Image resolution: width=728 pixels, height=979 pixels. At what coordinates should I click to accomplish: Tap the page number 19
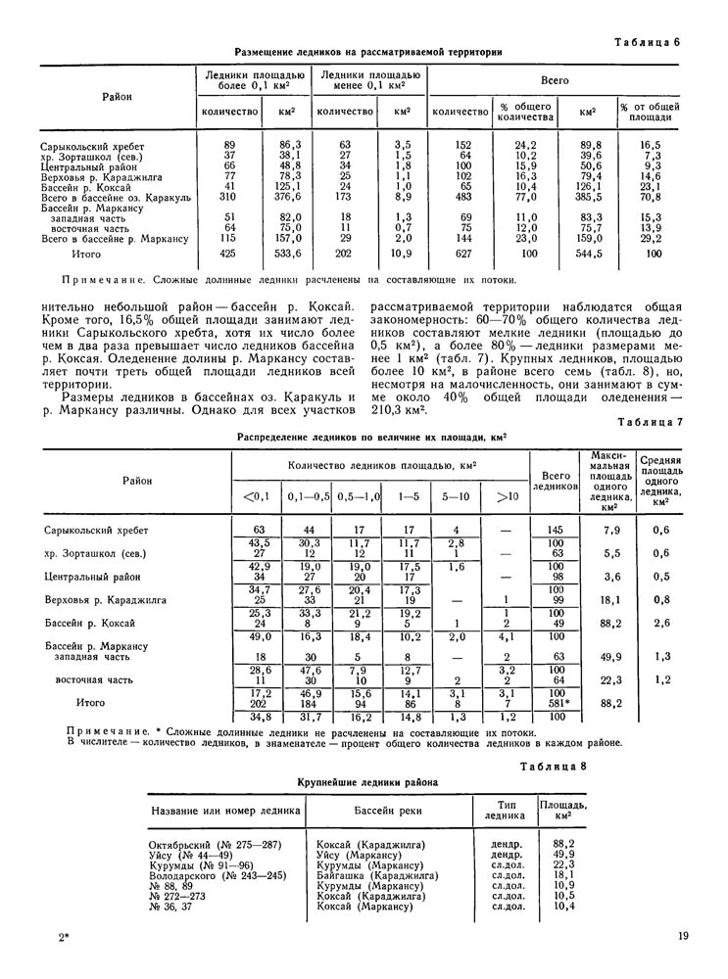[x=682, y=939]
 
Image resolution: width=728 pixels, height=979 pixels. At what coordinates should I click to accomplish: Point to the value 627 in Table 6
[x=461, y=255]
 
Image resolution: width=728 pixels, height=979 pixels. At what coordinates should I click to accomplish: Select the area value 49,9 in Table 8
[x=563, y=855]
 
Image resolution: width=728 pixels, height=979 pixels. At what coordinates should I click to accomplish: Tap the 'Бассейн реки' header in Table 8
[x=383, y=811]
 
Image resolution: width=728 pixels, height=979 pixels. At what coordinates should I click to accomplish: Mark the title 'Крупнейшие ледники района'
[x=367, y=782]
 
